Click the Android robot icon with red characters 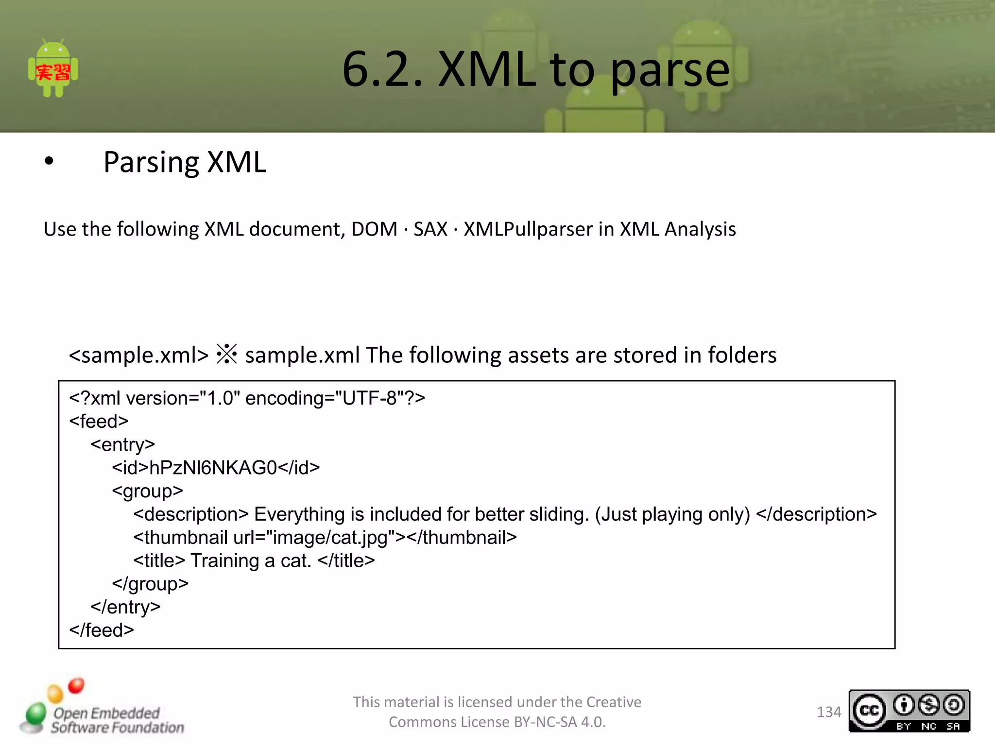coord(53,69)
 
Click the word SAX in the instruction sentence coord(430,229)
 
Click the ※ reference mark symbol coord(226,355)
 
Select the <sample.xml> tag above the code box coord(138,355)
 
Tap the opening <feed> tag coord(99,421)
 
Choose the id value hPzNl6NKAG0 coord(213,468)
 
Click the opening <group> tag coord(148,491)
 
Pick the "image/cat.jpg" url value coord(330,538)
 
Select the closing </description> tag coord(816,514)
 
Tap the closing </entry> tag coord(125,607)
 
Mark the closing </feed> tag coord(102,630)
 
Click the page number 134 coord(828,712)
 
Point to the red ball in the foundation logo coord(76,686)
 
